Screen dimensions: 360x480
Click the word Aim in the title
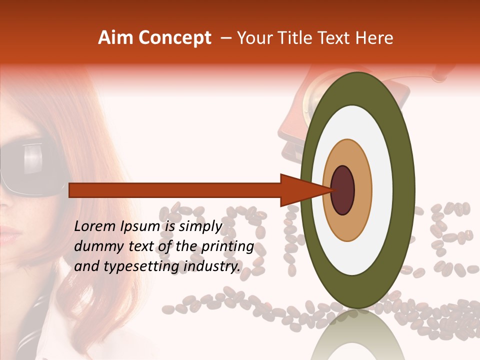pyautogui.click(x=115, y=38)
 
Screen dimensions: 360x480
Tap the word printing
pyautogui.click(x=228, y=246)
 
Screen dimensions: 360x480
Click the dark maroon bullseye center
pyautogui.click(x=343, y=190)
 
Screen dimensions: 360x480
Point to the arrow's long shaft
pyautogui.click(x=175, y=190)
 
